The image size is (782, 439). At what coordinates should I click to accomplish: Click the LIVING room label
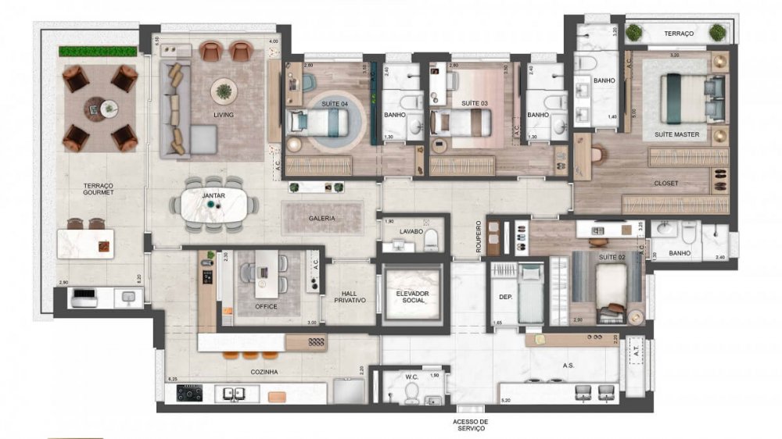[224, 115]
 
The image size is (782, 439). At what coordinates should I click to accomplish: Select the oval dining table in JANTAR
[213, 205]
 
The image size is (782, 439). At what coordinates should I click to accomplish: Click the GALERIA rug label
[321, 219]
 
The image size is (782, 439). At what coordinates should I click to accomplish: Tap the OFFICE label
[266, 306]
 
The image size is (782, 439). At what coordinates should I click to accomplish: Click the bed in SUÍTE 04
[317, 122]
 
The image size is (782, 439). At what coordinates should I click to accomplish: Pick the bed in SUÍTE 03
[461, 122]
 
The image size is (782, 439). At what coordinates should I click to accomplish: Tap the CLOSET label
[665, 184]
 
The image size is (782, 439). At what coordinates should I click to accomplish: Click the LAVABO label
[412, 232]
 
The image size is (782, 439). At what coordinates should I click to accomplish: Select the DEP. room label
[504, 297]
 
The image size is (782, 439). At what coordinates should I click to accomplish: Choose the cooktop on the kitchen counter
[190, 393]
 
